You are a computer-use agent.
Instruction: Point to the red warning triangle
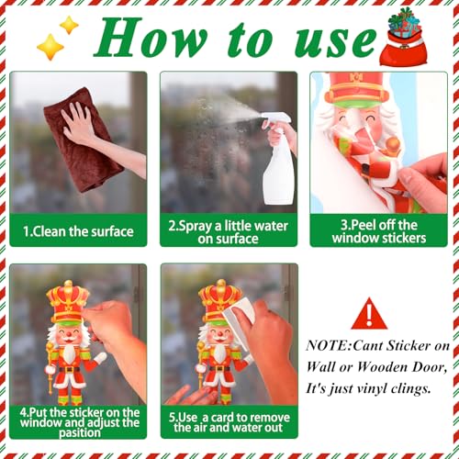(x=369, y=315)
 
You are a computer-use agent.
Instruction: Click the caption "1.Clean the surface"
(x=77, y=230)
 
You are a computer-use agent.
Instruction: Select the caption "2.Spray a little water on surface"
(x=228, y=230)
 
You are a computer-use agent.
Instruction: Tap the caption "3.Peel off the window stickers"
(x=378, y=231)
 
